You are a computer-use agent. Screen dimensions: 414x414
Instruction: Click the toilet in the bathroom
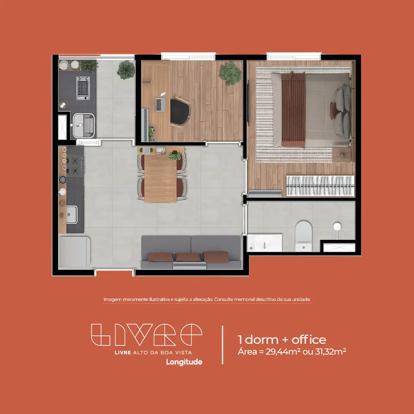tap(303, 236)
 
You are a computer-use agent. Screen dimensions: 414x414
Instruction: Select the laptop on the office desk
tap(160, 104)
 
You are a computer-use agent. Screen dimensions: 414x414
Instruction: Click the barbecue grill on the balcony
tap(83, 88)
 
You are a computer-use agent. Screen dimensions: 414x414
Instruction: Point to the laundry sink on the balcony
tap(83, 125)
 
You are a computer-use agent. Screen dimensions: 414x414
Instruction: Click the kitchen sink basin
tap(72, 215)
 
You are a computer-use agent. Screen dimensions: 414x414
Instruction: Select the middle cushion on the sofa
tap(188, 256)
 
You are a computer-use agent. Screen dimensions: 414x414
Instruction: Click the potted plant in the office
tap(230, 73)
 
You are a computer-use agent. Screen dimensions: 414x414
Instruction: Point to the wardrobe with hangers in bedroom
tap(320, 186)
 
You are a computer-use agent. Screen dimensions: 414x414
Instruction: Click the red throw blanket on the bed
tap(293, 109)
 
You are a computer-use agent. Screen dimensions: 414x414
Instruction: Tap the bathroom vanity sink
tap(265, 242)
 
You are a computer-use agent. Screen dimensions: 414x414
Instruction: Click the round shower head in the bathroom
tap(337, 227)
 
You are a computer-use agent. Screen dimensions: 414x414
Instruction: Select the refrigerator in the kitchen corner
tap(75, 252)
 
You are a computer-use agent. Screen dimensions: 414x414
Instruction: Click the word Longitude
tap(184, 362)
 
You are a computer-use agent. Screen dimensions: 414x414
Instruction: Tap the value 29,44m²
tap(283, 352)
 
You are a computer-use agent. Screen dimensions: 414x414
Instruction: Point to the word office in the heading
tap(309, 339)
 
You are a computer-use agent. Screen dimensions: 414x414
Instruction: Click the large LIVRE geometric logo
tap(147, 335)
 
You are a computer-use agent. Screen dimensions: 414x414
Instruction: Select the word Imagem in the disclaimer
tap(113, 300)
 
